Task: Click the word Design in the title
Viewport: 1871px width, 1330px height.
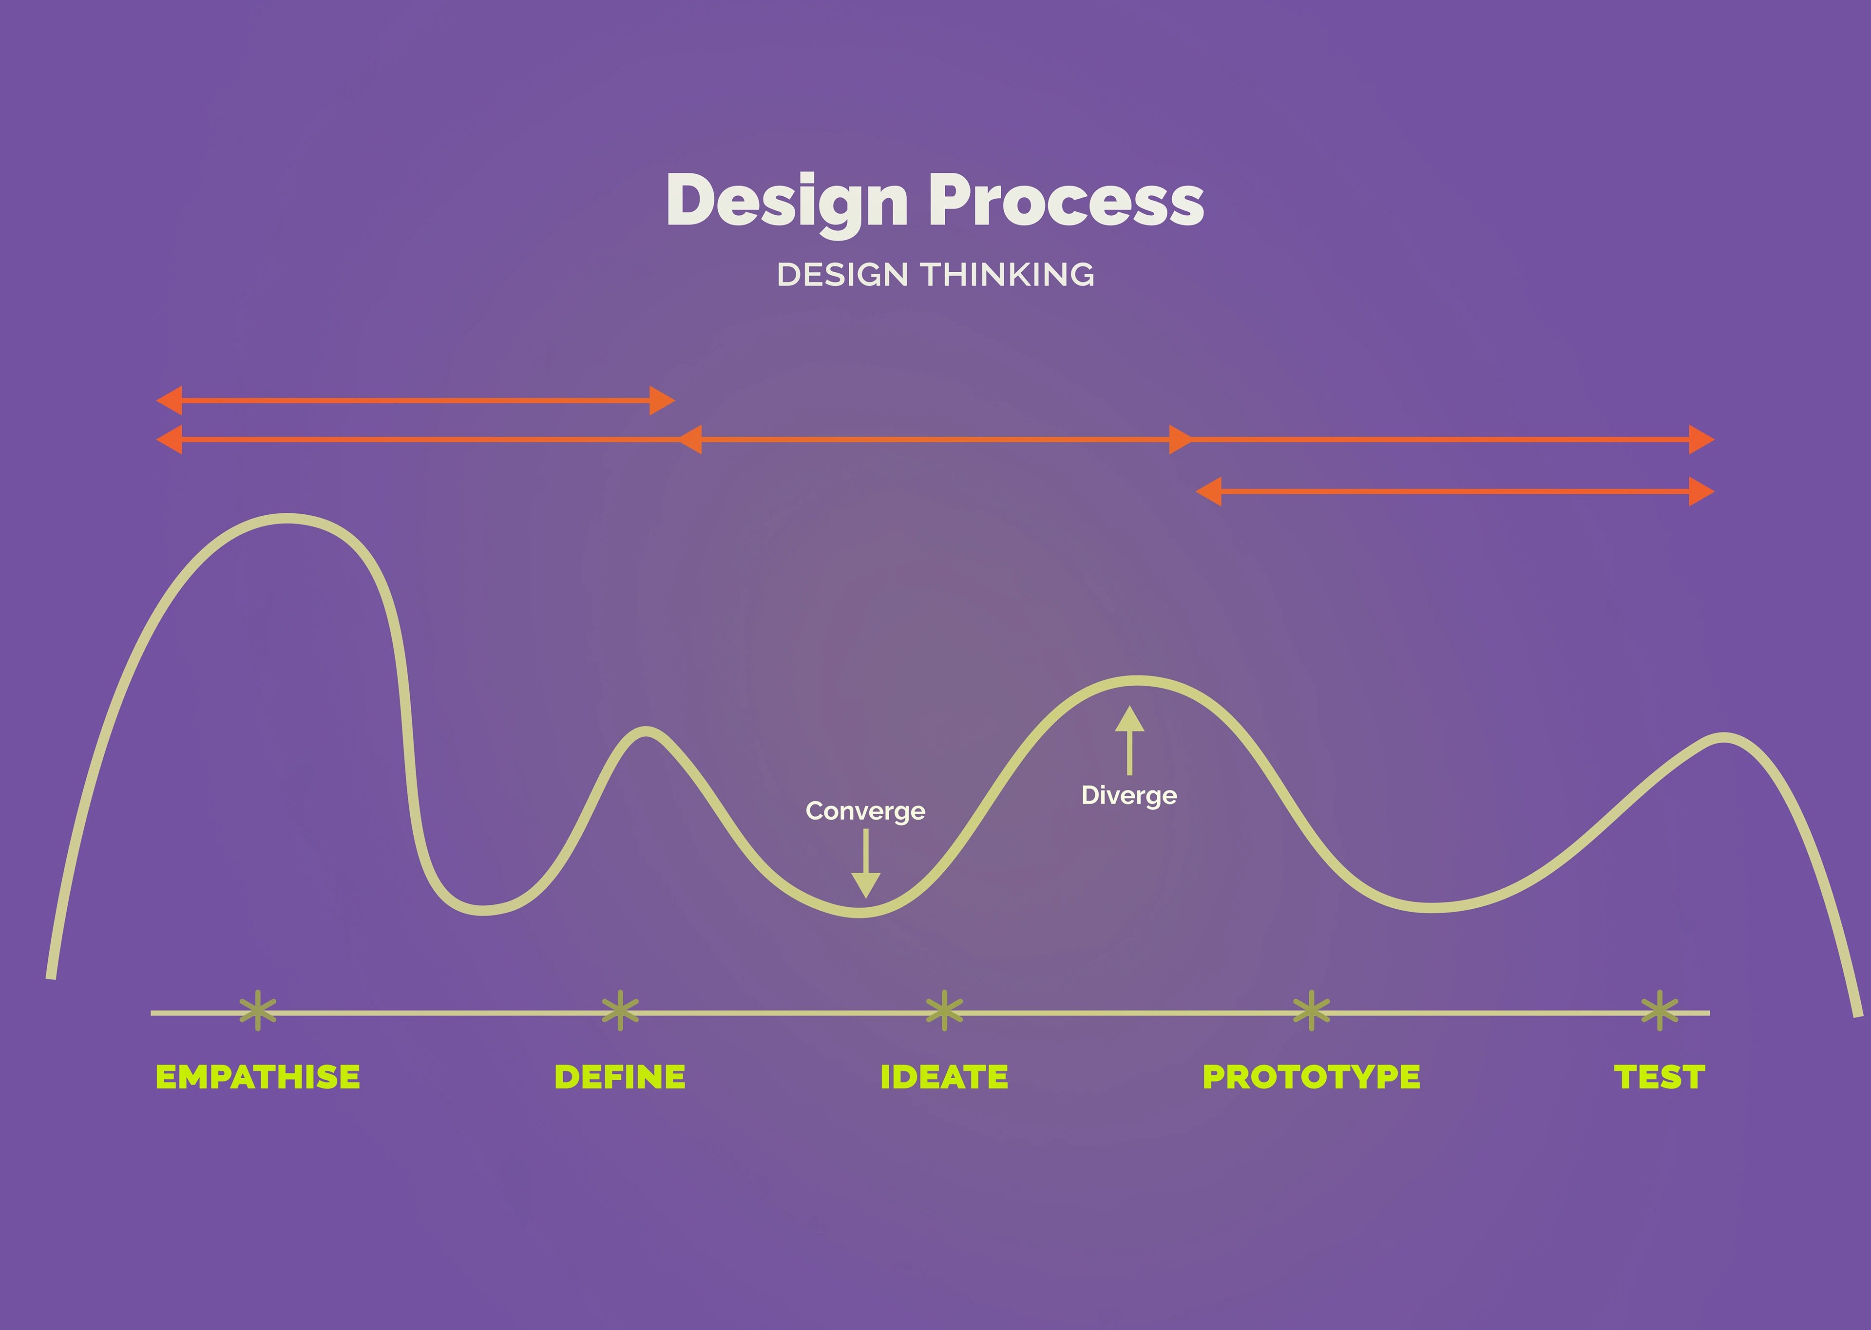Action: tap(787, 202)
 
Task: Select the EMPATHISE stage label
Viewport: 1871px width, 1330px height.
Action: tap(257, 1077)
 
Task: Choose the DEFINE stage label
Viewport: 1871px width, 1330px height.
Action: tap(620, 1077)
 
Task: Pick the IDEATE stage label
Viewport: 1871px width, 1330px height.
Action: tap(944, 1077)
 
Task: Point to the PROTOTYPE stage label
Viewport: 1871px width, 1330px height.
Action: tap(1311, 1077)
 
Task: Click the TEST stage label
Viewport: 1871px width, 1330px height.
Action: tap(1660, 1077)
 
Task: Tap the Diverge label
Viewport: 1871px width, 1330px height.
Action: tap(1129, 795)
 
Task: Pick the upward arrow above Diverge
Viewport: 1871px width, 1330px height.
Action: tap(1129, 740)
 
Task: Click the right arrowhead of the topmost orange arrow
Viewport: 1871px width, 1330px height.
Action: tap(662, 400)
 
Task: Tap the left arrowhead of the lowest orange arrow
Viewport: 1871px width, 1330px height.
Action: tap(1208, 491)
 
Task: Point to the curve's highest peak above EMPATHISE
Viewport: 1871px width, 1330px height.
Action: tap(286, 518)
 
